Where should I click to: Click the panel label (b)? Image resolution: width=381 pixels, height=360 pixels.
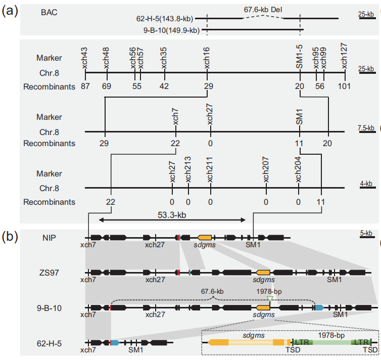click(10, 236)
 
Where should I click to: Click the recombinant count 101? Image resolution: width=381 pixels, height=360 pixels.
click(345, 86)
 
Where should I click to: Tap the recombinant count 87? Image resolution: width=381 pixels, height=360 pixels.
click(85, 86)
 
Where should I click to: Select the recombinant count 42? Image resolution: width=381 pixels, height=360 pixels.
click(164, 86)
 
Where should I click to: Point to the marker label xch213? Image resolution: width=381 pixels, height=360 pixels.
click(188, 170)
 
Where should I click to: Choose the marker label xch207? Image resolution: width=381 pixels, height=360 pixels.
click(266, 170)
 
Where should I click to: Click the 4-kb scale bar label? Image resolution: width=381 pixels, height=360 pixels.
click(366, 184)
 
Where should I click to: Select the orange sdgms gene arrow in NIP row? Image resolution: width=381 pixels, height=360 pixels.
click(205, 237)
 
